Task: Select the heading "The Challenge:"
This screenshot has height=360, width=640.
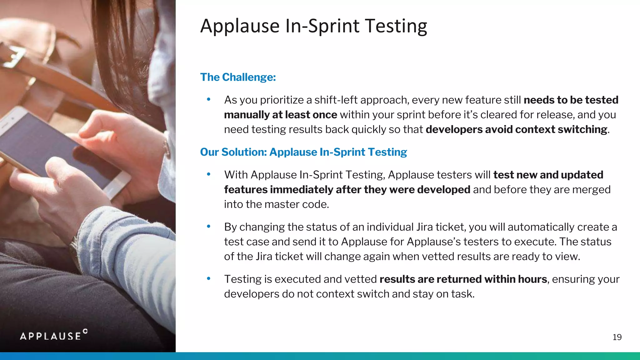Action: coord(238,77)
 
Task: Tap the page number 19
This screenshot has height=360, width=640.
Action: coord(617,337)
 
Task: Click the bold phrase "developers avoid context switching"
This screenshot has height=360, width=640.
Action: coord(516,129)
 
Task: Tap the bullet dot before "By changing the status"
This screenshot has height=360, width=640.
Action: coord(209,226)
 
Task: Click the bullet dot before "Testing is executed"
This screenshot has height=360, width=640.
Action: coord(209,278)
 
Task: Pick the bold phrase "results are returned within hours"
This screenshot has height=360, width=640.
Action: coord(463,279)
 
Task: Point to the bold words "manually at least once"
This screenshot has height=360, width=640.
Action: coord(280,115)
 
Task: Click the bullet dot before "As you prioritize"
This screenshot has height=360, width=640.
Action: coord(209,99)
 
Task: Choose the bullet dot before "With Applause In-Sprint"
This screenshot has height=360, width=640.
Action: coord(209,174)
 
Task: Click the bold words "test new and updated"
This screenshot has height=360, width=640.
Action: coord(548,175)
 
